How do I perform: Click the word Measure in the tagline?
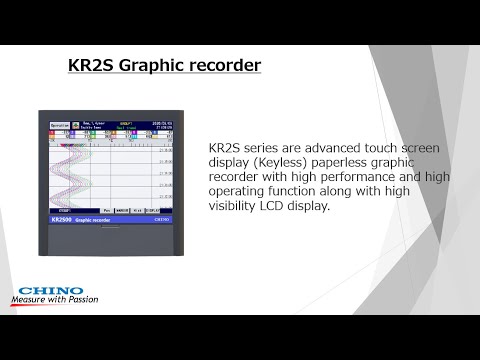coord(31,298)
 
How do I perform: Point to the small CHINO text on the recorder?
coord(163,218)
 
